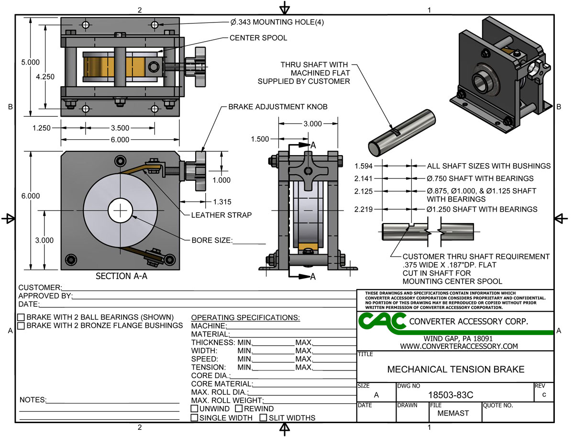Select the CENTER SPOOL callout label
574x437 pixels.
pyautogui.click(x=258, y=38)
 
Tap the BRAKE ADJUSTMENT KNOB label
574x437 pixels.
pyautogui.click(x=277, y=107)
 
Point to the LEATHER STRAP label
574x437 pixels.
pyautogui.click(x=221, y=215)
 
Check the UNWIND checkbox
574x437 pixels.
pyautogui.click(x=195, y=409)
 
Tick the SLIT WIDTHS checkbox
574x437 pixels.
pyautogui.click(x=263, y=418)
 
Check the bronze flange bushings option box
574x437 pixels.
pyautogui.click(x=21, y=326)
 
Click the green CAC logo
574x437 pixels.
pyautogui.click(x=382, y=322)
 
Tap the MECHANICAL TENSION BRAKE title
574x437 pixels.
pyautogui.click(x=455, y=370)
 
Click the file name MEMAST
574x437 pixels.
pyautogui.click(x=446, y=413)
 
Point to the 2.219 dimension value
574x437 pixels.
pyautogui.click(x=364, y=209)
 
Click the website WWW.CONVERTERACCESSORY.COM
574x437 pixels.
pyautogui.click(x=459, y=346)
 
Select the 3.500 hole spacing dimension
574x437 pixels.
pyautogui.click(x=120, y=128)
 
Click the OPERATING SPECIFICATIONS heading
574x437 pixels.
pyautogui.click(x=245, y=318)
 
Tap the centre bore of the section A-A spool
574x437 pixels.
pyautogui.click(x=121, y=210)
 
